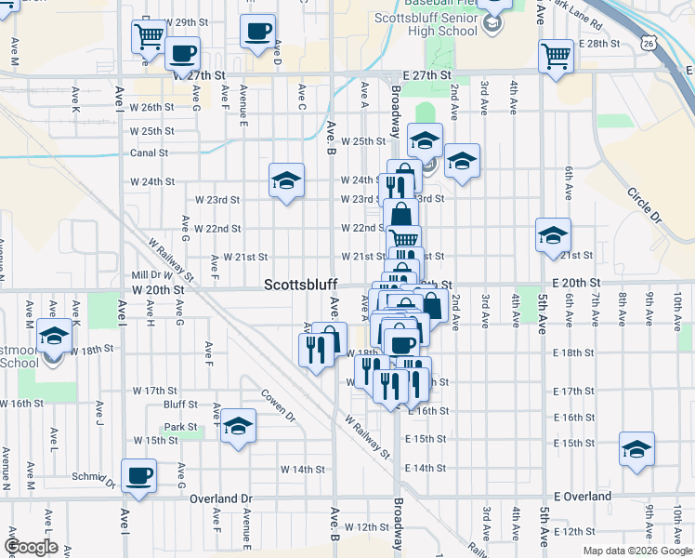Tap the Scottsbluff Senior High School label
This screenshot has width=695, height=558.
425,24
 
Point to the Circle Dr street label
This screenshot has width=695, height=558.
642,206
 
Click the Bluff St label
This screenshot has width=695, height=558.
180,405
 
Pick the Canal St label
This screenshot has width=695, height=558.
149,153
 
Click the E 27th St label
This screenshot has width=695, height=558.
426,74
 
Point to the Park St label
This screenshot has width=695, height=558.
180,428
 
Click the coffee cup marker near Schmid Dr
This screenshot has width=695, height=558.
139,475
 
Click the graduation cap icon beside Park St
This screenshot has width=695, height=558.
239,425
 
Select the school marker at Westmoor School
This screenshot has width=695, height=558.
55,335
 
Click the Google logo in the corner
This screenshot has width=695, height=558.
31,547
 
